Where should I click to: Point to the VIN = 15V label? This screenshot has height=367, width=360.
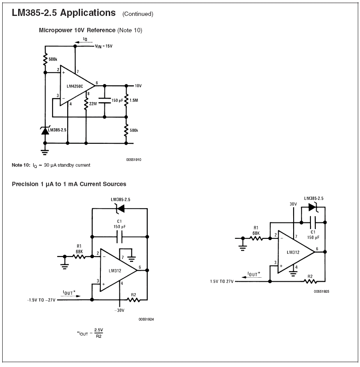pyautogui.click(x=103, y=46)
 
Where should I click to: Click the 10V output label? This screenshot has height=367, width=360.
pyautogui.click(x=138, y=85)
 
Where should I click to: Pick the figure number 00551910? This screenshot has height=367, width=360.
pyautogui.click(x=134, y=159)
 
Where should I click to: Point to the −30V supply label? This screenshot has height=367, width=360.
pyautogui.click(x=119, y=310)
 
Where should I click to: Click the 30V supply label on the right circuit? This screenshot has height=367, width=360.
pyautogui.click(x=293, y=204)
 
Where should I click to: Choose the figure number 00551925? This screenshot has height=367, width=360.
pyautogui.click(x=322, y=291)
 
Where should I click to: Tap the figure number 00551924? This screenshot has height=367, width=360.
pyautogui.click(x=146, y=319)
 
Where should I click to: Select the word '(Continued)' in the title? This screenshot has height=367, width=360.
pyautogui.click(x=138, y=14)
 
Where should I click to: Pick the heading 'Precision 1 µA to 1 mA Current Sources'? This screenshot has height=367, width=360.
pyautogui.click(x=69, y=184)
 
